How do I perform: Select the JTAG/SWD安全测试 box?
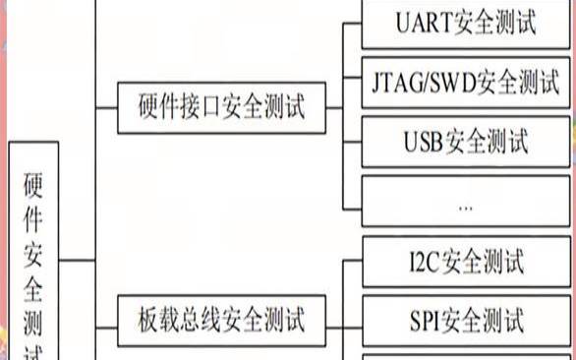pos(465,83)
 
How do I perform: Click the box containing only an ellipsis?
pos(465,204)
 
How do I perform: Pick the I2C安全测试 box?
pos(465,263)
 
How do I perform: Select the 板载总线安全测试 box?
pos(221,319)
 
